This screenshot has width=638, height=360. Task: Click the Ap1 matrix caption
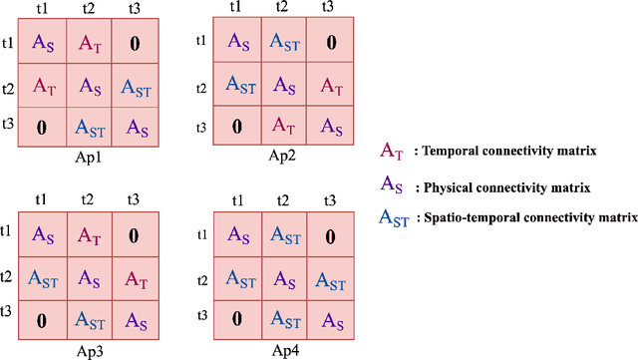(x=89, y=158)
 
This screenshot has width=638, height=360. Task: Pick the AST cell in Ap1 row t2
(x=138, y=87)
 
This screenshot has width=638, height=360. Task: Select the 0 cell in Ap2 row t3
(x=236, y=128)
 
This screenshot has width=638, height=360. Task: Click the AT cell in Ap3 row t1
(x=90, y=236)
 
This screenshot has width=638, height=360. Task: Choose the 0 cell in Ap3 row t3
(x=43, y=321)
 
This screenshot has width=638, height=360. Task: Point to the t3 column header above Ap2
(x=327, y=7)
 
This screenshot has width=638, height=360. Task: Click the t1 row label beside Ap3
(x=8, y=231)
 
